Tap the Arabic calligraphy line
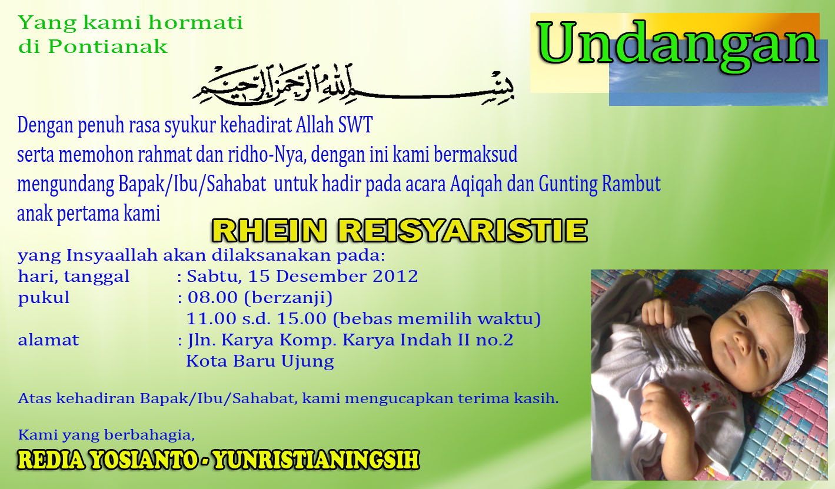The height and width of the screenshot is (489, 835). pyautogui.click(x=353, y=82)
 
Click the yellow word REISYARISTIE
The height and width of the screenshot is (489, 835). pyautogui.click(x=463, y=231)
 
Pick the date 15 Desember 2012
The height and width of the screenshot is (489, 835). pyautogui.click(x=333, y=276)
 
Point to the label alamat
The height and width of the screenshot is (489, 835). pyautogui.click(x=48, y=340)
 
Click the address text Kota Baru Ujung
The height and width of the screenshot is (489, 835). pyautogui.click(x=260, y=361)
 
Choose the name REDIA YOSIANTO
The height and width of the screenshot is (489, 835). pyautogui.click(x=107, y=460)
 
